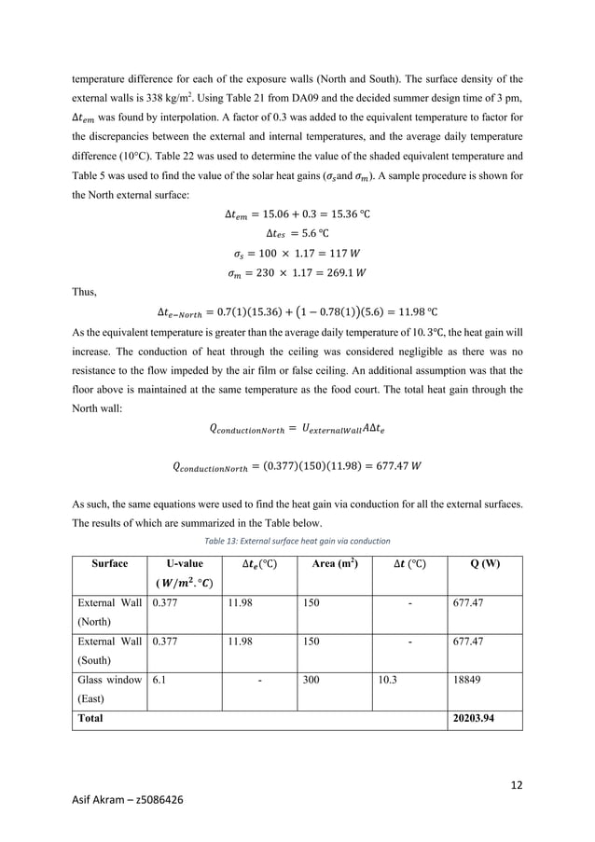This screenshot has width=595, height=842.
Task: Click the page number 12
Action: (x=518, y=783)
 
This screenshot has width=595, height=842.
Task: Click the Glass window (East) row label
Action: (x=107, y=690)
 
